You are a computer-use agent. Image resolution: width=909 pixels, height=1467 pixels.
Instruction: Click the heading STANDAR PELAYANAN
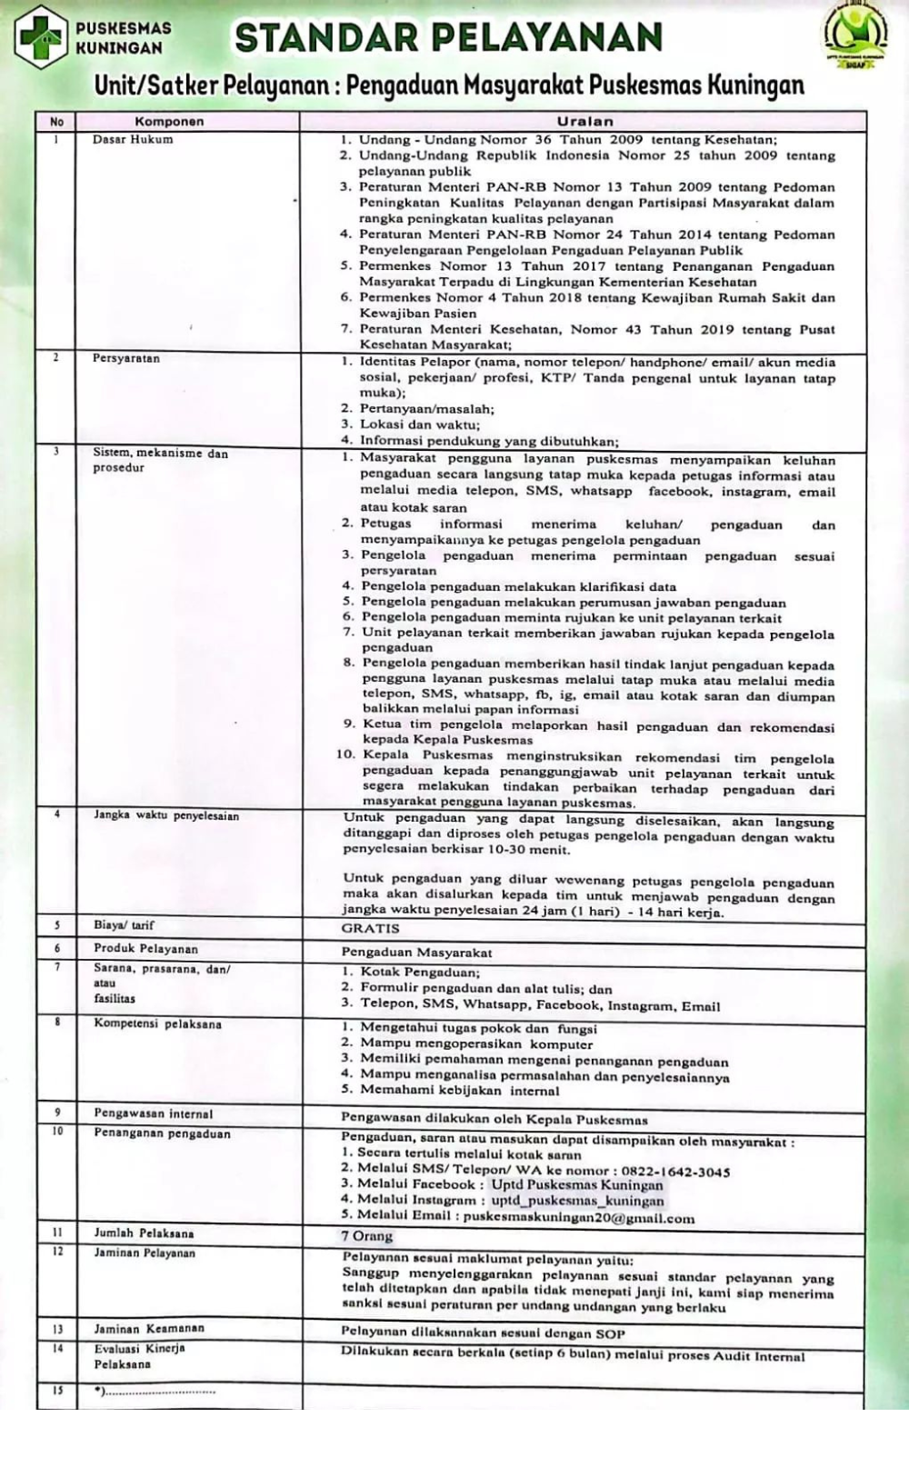click(x=448, y=38)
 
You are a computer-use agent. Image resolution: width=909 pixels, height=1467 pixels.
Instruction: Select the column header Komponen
click(x=169, y=121)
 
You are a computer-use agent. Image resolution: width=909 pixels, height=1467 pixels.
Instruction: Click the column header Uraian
click(x=584, y=121)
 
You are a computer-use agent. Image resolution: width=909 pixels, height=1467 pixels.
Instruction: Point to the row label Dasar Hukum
click(x=133, y=140)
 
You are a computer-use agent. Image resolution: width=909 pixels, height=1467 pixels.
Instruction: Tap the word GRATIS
click(x=370, y=928)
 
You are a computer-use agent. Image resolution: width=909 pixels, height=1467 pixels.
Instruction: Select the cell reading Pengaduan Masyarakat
click(x=416, y=952)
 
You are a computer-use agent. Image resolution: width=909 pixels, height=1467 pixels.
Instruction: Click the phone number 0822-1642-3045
click(x=675, y=1172)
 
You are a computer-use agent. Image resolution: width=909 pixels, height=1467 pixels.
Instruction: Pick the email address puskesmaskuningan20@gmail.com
click(x=578, y=1218)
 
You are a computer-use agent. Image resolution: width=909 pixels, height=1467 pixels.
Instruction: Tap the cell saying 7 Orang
click(x=367, y=1236)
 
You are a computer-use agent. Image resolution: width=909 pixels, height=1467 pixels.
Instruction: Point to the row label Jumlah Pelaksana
click(x=144, y=1233)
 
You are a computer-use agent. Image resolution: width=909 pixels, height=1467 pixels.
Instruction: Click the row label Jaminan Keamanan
click(x=149, y=1329)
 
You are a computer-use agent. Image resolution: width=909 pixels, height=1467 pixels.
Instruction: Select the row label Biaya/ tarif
click(x=124, y=925)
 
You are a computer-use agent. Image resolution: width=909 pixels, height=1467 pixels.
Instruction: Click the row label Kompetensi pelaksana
click(x=157, y=1023)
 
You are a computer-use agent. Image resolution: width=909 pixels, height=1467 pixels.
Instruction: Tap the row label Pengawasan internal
click(x=153, y=1113)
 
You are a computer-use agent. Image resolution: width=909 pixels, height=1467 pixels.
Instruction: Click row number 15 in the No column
click(x=57, y=1391)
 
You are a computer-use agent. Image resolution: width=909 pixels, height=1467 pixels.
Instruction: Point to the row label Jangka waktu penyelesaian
click(x=165, y=815)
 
